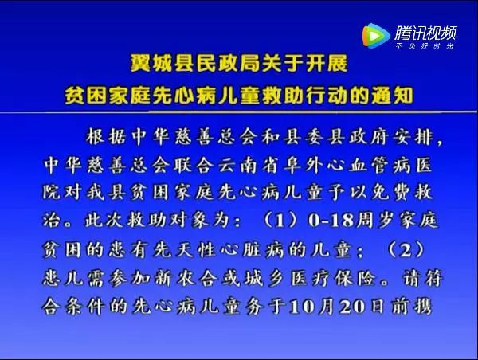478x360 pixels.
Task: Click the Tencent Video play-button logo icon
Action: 376,36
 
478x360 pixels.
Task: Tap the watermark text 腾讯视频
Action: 426,33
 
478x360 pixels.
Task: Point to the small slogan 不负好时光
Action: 425,46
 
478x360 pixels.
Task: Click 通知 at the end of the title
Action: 392,96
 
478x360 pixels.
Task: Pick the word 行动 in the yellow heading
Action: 327,96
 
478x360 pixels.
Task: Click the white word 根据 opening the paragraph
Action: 106,137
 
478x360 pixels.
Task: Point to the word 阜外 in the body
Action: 303,166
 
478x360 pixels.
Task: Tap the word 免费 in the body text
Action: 391,193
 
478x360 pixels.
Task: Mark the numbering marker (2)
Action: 406,249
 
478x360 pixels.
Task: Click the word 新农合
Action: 186,278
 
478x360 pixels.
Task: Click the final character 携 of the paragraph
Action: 423,307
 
